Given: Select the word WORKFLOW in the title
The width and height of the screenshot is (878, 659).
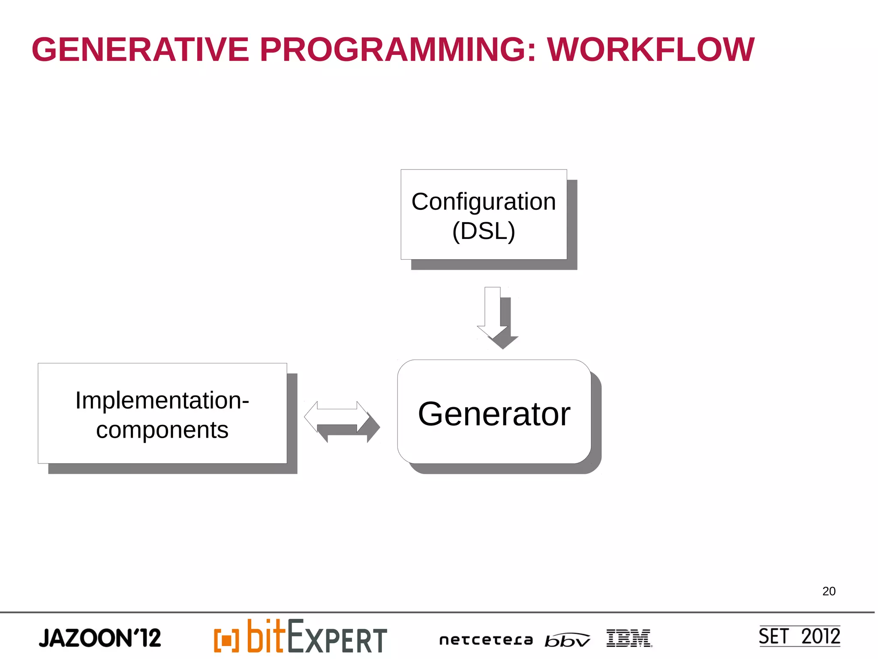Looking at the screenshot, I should click(x=650, y=50).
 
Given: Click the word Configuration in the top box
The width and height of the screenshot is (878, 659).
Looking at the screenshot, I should click(x=484, y=202).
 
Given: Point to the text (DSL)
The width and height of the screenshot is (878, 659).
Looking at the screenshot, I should click(x=484, y=231).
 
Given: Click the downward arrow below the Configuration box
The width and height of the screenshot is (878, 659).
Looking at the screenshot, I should click(x=493, y=313).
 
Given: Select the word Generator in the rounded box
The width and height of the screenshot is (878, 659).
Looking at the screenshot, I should click(x=494, y=414).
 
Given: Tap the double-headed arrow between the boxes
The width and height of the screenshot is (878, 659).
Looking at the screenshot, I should click(x=337, y=417).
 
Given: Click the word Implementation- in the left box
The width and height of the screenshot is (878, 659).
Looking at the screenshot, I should click(x=162, y=400).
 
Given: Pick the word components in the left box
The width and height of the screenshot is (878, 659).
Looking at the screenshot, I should click(x=162, y=430).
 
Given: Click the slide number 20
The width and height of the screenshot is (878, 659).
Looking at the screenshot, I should click(x=829, y=591).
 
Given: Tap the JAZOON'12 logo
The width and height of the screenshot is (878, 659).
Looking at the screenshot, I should click(x=100, y=638).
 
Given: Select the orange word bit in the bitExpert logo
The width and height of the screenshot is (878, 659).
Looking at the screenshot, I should click(x=266, y=636).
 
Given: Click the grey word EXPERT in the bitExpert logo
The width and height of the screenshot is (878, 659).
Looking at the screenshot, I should click(x=337, y=638).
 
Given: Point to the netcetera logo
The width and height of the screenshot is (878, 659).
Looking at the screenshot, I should click(x=486, y=640).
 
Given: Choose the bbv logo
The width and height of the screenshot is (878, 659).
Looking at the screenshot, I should click(x=567, y=640).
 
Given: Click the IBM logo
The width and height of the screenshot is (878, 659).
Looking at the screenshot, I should click(x=628, y=638).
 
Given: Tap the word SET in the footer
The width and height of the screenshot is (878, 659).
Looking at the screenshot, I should click(x=773, y=636).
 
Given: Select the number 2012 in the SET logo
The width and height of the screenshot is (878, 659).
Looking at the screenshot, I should click(x=820, y=636).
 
